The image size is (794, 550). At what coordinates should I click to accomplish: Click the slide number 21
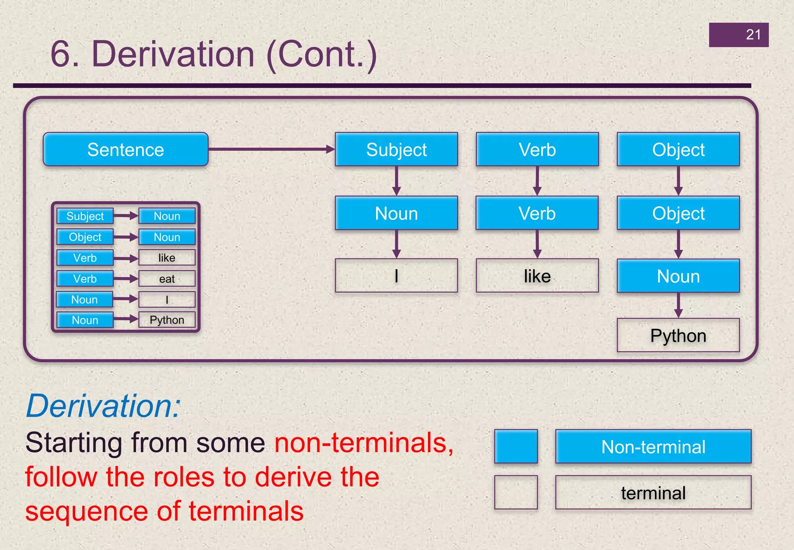coord(753,35)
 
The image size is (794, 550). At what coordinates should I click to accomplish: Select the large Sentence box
coord(126,150)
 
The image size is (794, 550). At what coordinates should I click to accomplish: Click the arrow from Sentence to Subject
coord(271,149)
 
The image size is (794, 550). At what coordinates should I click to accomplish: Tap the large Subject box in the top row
coord(396,150)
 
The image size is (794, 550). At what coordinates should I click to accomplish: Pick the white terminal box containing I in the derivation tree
coord(396,276)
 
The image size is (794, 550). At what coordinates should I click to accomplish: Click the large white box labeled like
coord(537,276)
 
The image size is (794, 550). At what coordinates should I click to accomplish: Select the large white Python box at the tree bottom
coord(678,336)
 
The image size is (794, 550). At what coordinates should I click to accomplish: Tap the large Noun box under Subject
coord(396,213)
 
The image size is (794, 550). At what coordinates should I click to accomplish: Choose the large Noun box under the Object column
coord(678,276)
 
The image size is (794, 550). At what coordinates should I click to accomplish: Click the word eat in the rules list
coord(167,279)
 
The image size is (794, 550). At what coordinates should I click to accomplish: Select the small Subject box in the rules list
coord(85,216)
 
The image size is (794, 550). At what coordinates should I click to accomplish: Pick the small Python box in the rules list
coord(167,320)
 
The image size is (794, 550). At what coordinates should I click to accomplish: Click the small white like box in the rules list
coord(167,258)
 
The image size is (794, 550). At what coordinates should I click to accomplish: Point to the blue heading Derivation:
coord(103,406)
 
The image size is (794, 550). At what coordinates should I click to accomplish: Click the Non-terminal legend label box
coord(653,447)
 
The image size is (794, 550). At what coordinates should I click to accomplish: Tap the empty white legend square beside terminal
coord(516,492)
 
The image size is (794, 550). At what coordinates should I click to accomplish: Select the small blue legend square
coord(516,446)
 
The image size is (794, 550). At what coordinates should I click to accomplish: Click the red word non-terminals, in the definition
coord(364,443)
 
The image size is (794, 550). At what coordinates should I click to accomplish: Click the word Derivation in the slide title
coord(173,54)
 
